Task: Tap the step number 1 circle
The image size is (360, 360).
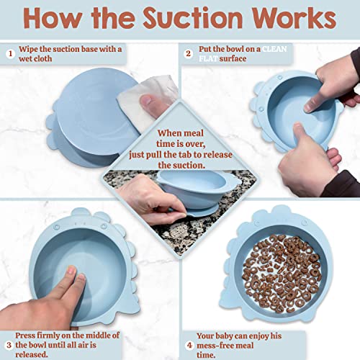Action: pos(10,53)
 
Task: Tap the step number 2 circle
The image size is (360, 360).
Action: pos(188,53)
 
